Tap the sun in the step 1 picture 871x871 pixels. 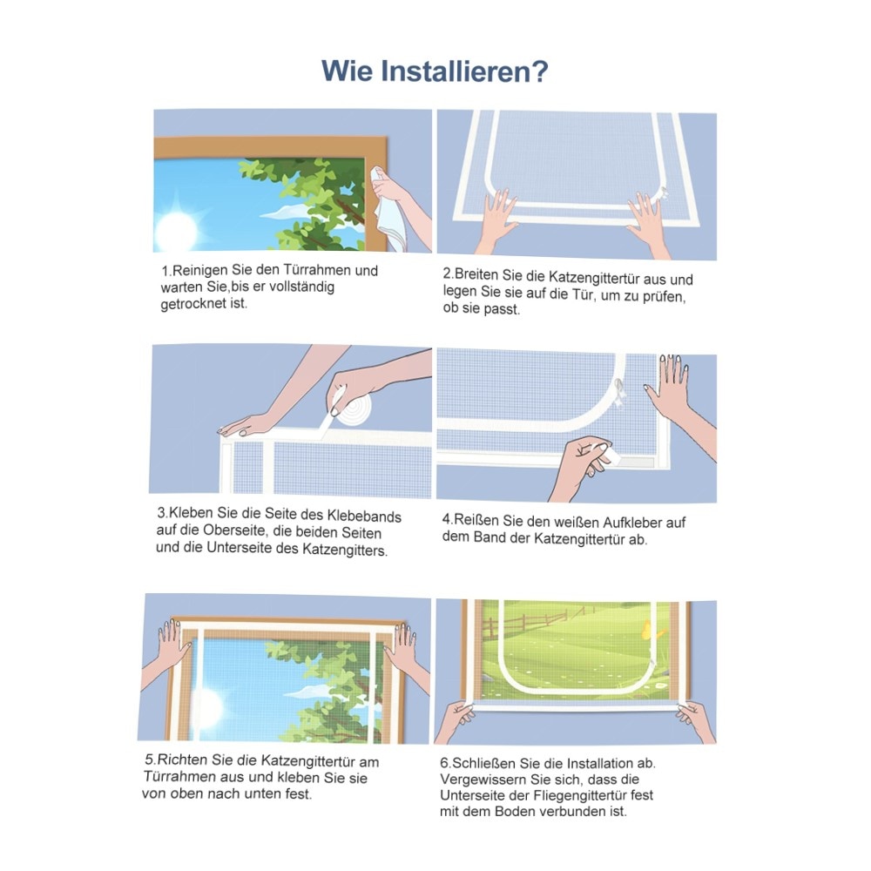click(x=177, y=229)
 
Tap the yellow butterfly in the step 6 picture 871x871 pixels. click(x=648, y=631)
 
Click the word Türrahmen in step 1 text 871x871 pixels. click(x=317, y=271)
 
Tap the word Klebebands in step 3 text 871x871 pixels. click(x=363, y=516)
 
